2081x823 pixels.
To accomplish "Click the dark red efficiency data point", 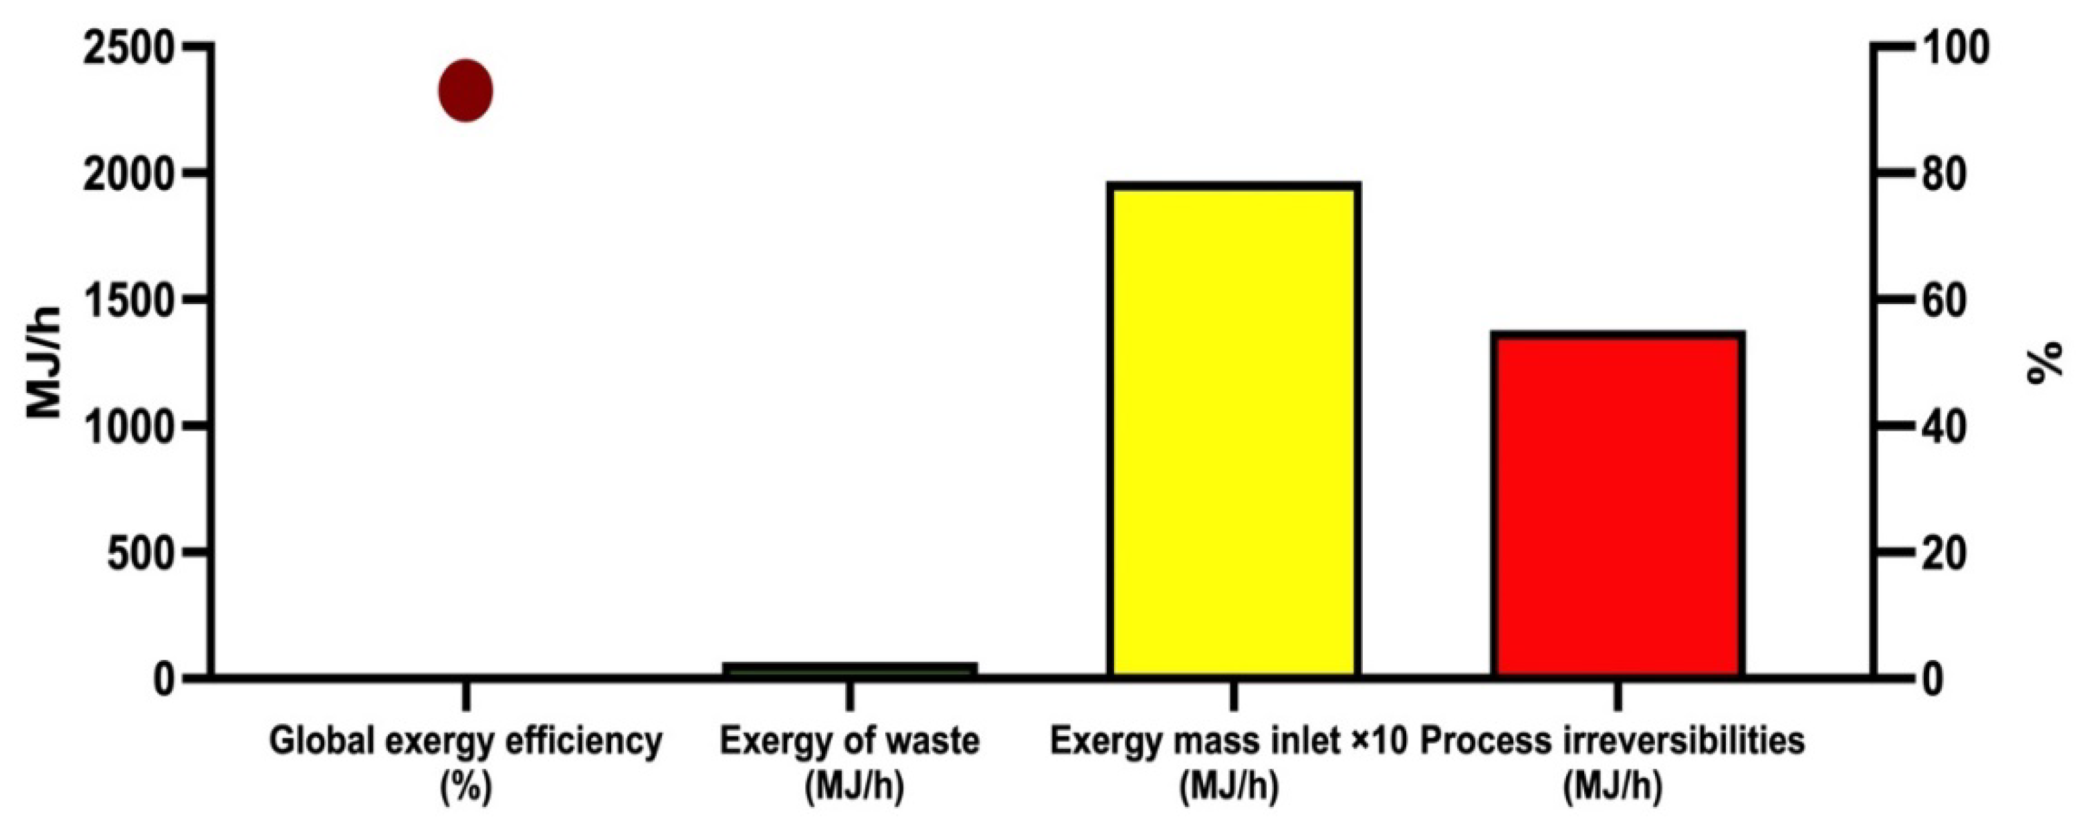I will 465,90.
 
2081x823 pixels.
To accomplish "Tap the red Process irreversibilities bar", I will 1618,505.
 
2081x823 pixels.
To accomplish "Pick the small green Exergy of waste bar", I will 850,669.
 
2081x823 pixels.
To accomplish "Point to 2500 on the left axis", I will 128,50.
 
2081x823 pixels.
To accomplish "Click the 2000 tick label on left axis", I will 128,175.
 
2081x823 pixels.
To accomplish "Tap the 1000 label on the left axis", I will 128,427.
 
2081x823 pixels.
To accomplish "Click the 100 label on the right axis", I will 1954,50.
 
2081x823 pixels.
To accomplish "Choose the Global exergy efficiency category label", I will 465,741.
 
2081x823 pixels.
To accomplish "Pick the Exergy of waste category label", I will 850,741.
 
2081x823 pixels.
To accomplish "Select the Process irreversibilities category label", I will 1612,741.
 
